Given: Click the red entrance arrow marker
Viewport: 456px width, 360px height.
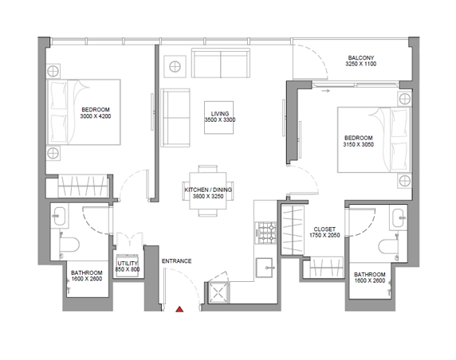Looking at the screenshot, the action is (x=179, y=309).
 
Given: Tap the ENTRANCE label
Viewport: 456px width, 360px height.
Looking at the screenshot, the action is (x=176, y=261).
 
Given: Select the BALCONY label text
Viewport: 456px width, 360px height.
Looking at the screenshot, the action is (x=361, y=58).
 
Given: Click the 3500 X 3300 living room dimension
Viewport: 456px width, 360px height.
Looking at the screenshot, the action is (x=220, y=119).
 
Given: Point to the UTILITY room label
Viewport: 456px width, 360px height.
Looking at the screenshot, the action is (x=128, y=264).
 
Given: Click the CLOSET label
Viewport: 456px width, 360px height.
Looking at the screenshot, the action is (x=324, y=229).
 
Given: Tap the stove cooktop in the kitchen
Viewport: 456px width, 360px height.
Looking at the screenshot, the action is (x=265, y=233).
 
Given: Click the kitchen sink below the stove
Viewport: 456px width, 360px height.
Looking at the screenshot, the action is (x=265, y=268).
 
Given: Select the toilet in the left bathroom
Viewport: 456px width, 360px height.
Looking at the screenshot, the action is (x=69, y=245).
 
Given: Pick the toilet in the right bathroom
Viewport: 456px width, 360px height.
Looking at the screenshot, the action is (x=388, y=246).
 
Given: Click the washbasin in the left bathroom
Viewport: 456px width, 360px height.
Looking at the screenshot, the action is (x=60, y=216).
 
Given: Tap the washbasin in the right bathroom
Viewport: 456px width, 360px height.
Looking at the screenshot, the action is (x=398, y=218).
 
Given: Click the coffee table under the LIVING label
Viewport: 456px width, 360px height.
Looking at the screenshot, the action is (x=218, y=117).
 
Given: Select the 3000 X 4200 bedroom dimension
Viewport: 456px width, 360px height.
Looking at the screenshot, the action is (x=96, y=116).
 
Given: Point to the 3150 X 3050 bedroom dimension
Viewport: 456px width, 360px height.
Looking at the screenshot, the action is (x=358, y=144).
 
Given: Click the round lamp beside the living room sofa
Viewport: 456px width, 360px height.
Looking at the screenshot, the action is (x=175, y=67).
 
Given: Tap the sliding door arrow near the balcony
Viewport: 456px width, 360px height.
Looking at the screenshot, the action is (x=326, y=91).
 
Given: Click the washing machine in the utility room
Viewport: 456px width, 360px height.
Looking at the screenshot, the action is (x=128, y=265).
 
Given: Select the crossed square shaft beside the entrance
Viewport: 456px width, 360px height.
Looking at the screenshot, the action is (x=218, y=292).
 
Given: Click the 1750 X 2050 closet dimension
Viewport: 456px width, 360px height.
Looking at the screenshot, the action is (x=324, y=235).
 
